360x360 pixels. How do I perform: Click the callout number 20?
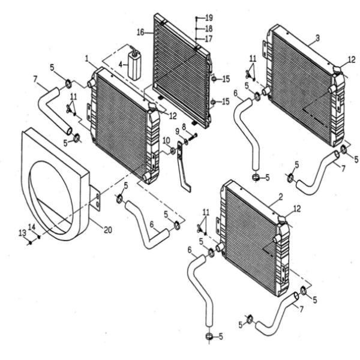108,230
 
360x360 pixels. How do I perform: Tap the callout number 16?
140,32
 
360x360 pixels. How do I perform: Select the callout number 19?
209,17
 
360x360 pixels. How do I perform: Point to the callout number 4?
121,65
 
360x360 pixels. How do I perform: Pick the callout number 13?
22,233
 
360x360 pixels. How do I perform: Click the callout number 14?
32,227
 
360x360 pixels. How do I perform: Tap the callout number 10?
166,140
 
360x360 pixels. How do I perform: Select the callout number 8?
184,126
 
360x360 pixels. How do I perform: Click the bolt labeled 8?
193,137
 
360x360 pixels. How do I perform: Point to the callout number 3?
317,38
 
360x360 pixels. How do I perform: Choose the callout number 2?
281,197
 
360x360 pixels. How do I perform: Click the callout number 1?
87,59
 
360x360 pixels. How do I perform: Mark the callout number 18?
209,29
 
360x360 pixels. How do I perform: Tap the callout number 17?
208,39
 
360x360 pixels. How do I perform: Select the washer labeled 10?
172,151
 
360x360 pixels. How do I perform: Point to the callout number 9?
177,132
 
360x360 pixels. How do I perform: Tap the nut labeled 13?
30,242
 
